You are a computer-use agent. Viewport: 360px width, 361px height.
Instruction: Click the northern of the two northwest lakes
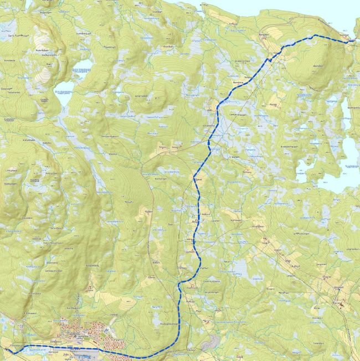click(x=82, y=71)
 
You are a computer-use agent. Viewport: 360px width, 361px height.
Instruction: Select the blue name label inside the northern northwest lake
click(x=83, y=70)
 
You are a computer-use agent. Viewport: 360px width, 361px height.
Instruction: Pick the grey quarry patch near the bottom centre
click(x=209, y=344)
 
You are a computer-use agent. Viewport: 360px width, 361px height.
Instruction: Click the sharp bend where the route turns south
click(x=179, y=285)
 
